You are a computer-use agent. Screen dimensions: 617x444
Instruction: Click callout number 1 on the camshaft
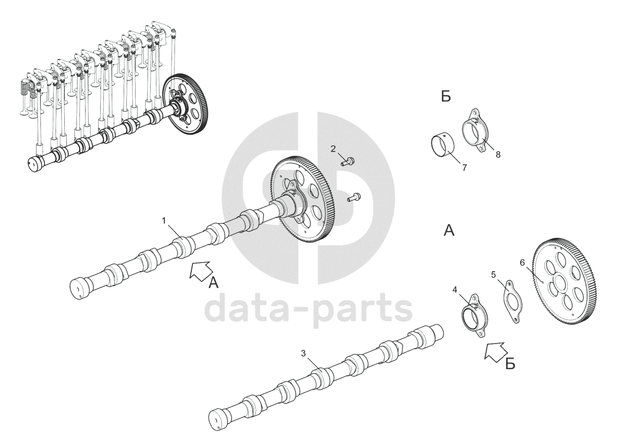point(164,220)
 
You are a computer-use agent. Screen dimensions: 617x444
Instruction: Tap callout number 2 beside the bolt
point(333,149)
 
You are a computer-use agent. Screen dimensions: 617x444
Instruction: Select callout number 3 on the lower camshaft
point(304,354)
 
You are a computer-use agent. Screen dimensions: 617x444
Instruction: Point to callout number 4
point(455,290)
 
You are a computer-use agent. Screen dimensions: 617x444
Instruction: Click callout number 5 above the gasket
point(493,274)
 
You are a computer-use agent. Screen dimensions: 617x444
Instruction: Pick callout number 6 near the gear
point(522,263)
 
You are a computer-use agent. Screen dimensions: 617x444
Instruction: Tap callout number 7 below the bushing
point(464,168)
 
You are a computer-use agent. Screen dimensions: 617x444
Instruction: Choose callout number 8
point(498,154)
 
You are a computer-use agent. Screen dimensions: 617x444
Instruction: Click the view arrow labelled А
point(200,272)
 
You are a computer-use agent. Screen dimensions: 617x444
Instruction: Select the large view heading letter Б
point(446,97)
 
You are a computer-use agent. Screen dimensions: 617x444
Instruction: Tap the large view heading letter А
point(449,231)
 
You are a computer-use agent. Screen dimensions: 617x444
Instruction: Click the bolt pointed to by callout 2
point(349,161)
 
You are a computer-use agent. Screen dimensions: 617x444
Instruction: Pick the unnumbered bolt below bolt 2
point(353,197)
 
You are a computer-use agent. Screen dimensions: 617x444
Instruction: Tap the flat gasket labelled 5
point(512,301)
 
